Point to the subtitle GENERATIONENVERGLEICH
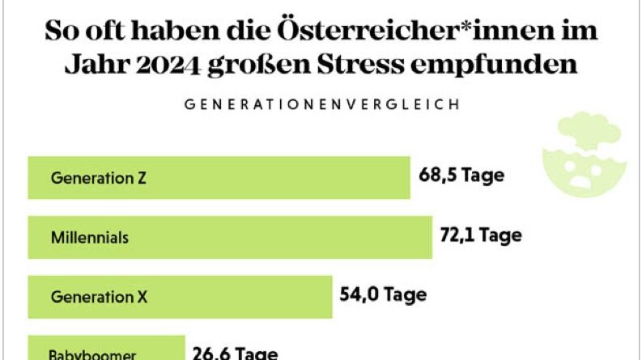[x=322, y=104]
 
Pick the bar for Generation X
[x=243, y=296]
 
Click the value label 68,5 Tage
[x=461, y=176]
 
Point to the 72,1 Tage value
[x=481, y=235]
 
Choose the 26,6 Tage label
[x=235, y=354]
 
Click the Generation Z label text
[x=93, y=178]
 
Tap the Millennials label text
[x=90, y=238]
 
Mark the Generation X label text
[x=93, y=297]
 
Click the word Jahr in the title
[x=91, y=64]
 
